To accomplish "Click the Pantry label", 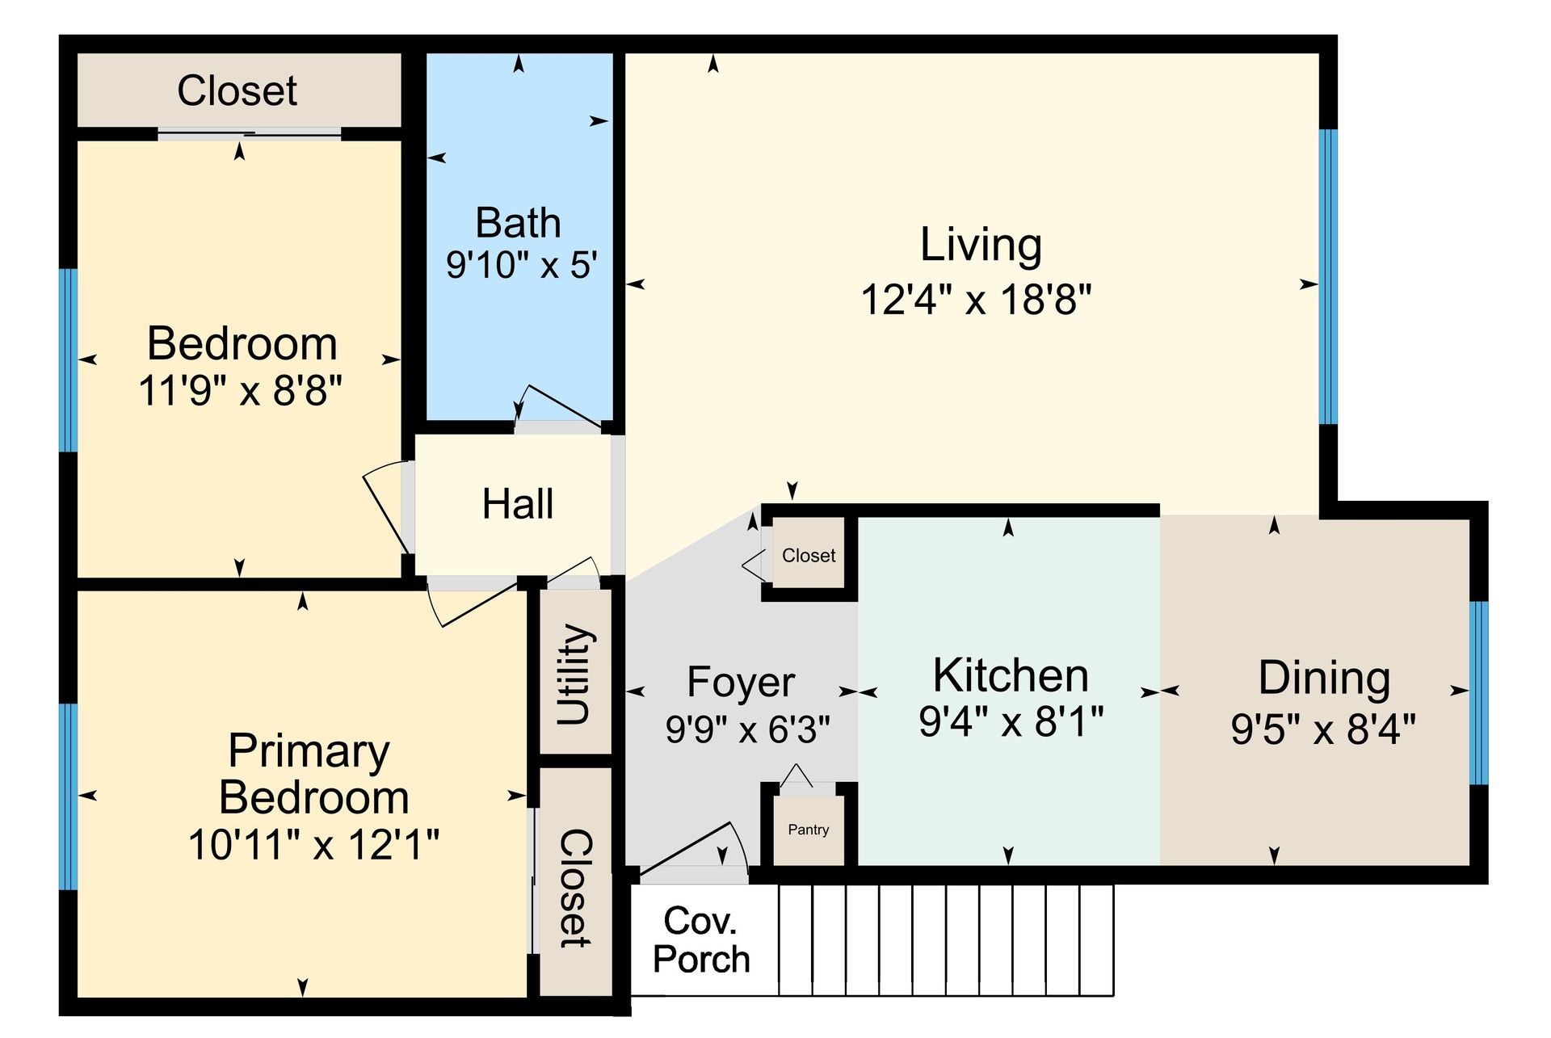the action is tap(808, 830).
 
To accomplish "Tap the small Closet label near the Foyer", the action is tap(808, 556).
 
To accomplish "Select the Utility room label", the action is tap(575, 674).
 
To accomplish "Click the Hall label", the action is tap(518, 504).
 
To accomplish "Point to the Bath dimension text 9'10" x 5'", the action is tap(522, 265).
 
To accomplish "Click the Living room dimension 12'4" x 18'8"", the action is tap(976, 300).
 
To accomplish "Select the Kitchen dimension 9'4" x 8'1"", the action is tap(1011, 721).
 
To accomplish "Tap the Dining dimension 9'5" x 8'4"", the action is tap(1323, 729).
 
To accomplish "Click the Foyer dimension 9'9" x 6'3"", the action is tap(747, 729).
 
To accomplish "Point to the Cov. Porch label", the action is tap(701, 939).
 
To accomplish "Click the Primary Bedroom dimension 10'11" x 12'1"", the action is tap(313, 846).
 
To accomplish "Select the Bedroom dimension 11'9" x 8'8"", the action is tap(240, 391).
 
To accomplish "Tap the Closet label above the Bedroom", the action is tap(237, 90).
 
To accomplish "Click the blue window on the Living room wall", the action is tap(1328, 276).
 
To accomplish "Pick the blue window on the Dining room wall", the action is tap(1478, 692).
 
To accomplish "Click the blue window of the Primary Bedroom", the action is tap(69, 796).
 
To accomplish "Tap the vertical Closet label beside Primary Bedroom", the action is tap(575, 888).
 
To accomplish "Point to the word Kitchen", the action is tap(1011, 675).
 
